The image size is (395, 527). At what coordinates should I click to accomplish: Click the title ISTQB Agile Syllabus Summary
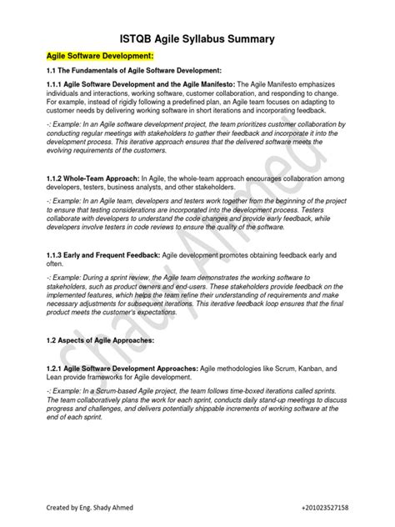coord(197,39)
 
